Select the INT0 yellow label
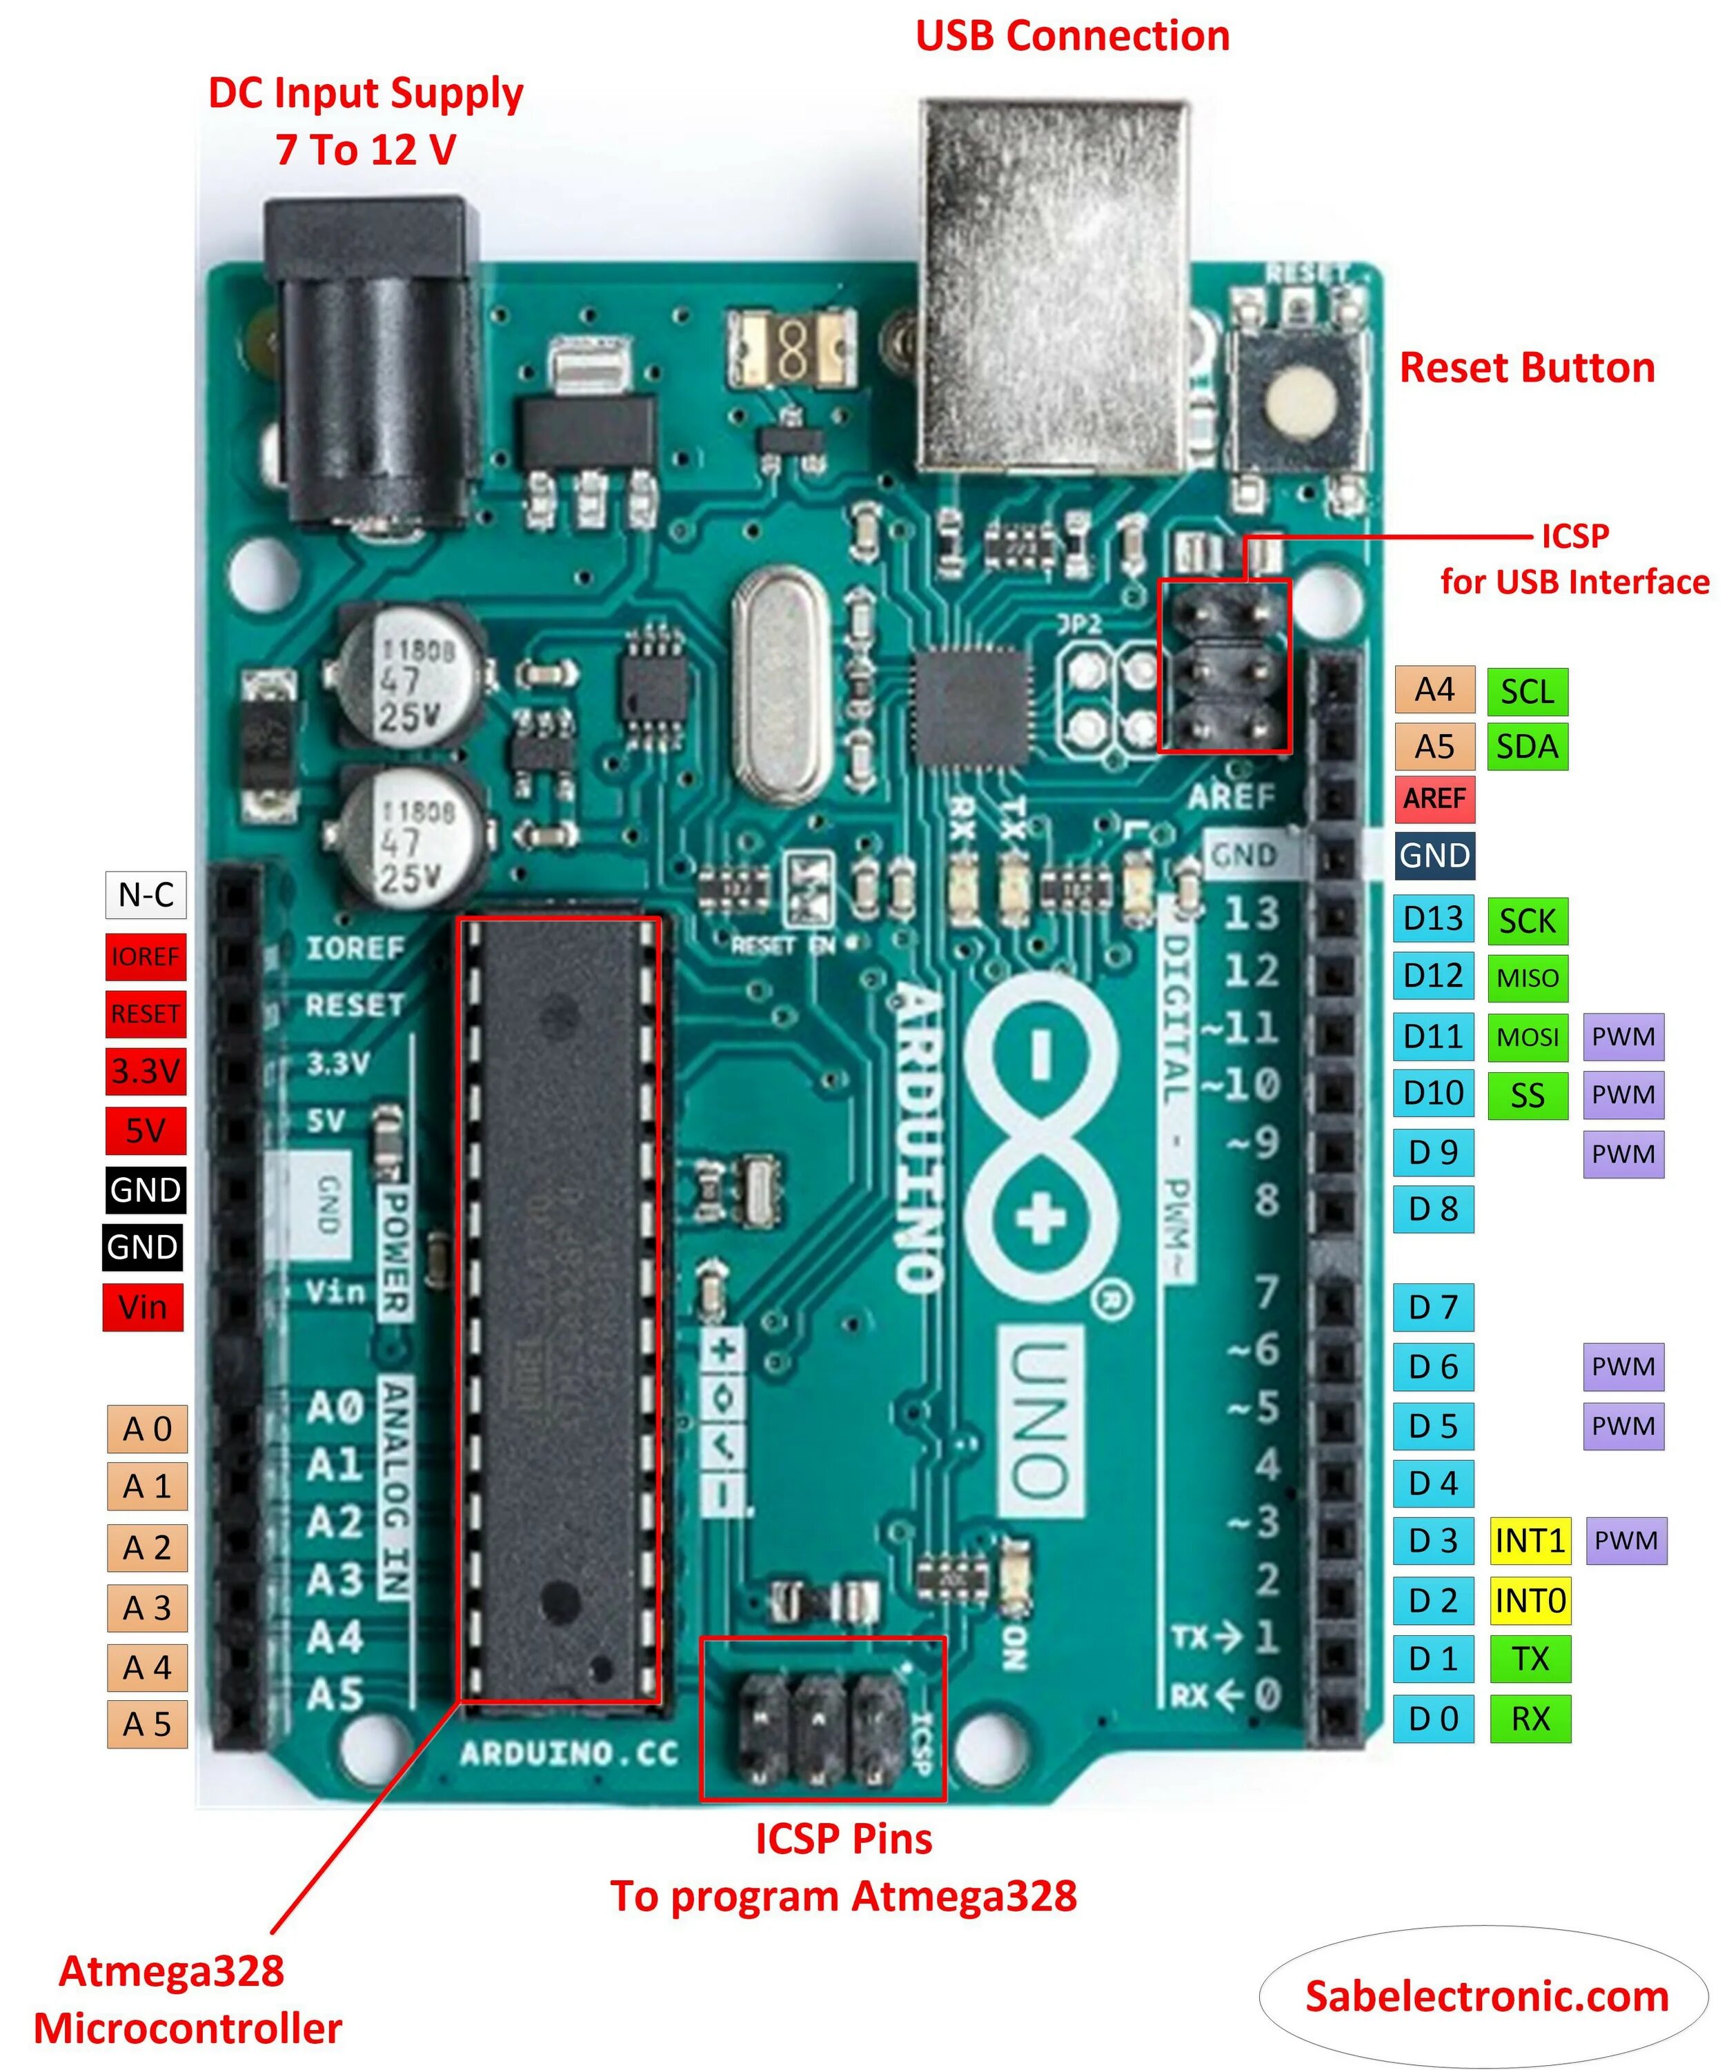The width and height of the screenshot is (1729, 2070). (1530, 1601)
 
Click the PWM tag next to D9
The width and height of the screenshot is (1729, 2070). (1623, 1153)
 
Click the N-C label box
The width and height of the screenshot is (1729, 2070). (146, 895)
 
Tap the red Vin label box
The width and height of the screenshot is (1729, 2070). (143, 1308)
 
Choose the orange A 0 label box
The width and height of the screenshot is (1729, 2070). (147, 1428)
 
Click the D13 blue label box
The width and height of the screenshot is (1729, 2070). (1433, 918)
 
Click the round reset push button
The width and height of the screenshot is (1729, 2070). (1301, 404)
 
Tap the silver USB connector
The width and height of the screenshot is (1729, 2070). (1053, 286)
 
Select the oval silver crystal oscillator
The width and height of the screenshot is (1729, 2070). (782, 685)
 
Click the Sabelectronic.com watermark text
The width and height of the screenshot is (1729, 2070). (1487, 1996)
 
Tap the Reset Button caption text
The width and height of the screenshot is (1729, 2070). (1527, 368)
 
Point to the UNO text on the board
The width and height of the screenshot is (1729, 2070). (1040, 1419)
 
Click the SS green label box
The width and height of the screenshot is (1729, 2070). (1527, 1095)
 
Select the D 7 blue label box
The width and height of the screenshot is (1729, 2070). (1433, 1307)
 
